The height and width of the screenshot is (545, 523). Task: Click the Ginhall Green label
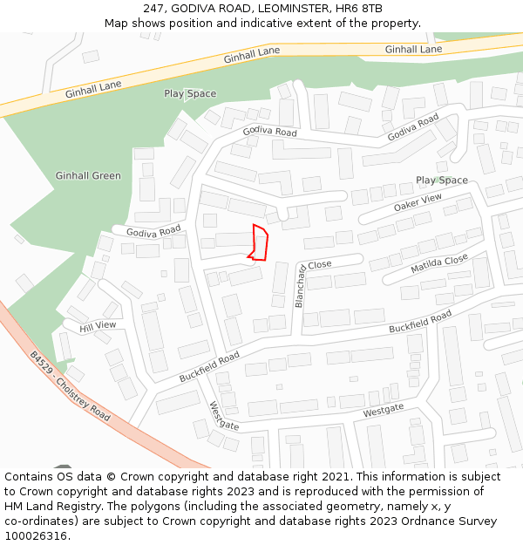click(x=88, y=176)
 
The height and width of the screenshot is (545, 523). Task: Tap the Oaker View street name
click(x=418, y=203)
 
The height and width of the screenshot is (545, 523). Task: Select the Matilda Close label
click(x=439, y=264)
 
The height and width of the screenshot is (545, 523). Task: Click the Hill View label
click(x=98, y=326)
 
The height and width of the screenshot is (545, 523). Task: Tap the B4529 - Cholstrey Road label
click(x=70, y=386)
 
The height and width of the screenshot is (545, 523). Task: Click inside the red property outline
click(x=259, y=242)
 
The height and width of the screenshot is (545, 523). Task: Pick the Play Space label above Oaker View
click(x=441, y=181)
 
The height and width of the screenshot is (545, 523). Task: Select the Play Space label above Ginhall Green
click(x=190, y=93)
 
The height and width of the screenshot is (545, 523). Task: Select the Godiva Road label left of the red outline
click(x=153, y=231)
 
